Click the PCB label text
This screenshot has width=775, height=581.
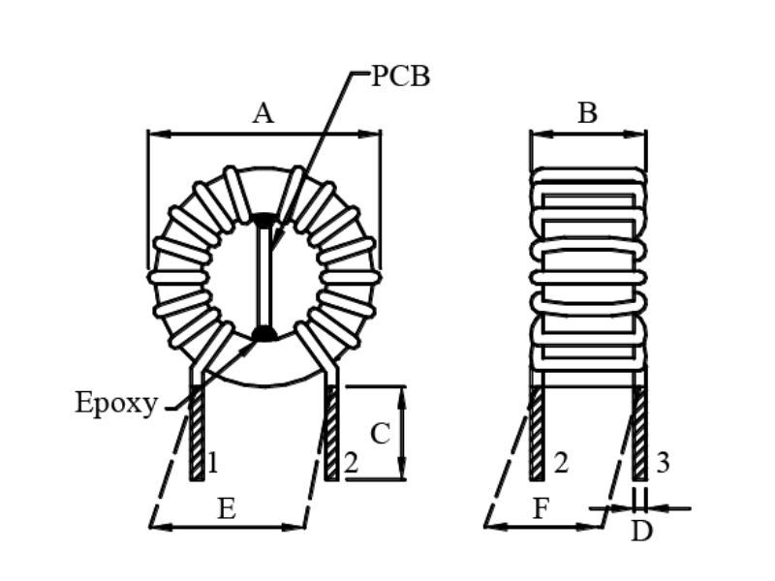click(x=401, y=77)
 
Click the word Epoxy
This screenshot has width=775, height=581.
click(x=115, y=404)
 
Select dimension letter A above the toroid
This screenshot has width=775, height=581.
click(x=263, y=114)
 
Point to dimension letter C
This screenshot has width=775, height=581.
click(x=380, y=434)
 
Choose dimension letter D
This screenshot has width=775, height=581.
click(x=641, y=532)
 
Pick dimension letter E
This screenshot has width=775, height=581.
click(x=226, y=510)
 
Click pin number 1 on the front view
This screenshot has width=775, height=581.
click(x=212, y=464)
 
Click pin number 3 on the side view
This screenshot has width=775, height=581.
click(x=663, y=463)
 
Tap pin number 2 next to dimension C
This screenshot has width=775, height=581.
click(x=351, y=464)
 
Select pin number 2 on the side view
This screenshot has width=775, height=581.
click(x=560, y=463)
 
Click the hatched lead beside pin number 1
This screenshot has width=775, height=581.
click(x=197, y=433)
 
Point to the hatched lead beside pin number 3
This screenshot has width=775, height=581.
click(x=639, y=433)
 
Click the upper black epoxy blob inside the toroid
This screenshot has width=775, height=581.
click(x=263, y=220)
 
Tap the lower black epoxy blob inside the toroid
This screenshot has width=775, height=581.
click(x=263, y=334)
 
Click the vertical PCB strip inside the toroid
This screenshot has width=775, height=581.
click(x=263, y=277)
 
